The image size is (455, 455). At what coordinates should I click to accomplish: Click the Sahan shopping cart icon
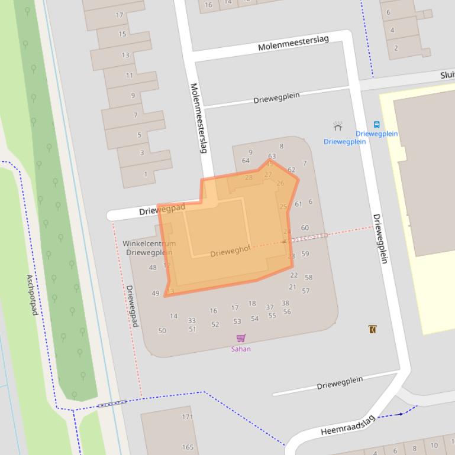(241, 338)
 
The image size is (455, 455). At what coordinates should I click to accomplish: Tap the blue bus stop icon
(376, 125)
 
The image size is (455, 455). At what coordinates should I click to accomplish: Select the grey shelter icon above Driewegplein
(338, 126)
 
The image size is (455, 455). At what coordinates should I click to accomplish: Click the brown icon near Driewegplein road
(372, 329)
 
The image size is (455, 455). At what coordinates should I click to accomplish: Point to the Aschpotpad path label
(32, 294)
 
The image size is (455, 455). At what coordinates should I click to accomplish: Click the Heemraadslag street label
(348, 425)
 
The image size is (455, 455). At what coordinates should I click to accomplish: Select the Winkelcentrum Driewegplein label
(149, 248)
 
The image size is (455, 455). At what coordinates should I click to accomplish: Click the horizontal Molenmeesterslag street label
(293, 43)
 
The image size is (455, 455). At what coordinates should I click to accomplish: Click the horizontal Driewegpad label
(162, 209)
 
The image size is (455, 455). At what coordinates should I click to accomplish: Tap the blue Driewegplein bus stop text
(377, 134)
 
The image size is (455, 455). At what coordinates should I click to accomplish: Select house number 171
(188, 417)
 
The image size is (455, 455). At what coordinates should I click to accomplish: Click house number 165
(188, 447)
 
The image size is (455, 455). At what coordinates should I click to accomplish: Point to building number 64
(246, 161)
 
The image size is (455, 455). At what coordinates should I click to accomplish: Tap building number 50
(162, 331)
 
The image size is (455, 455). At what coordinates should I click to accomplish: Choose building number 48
(153, 268)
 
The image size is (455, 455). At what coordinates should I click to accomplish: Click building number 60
(305, 227)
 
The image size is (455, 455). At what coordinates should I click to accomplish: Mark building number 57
(306, 291)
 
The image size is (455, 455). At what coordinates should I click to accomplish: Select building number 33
(192, 321)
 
